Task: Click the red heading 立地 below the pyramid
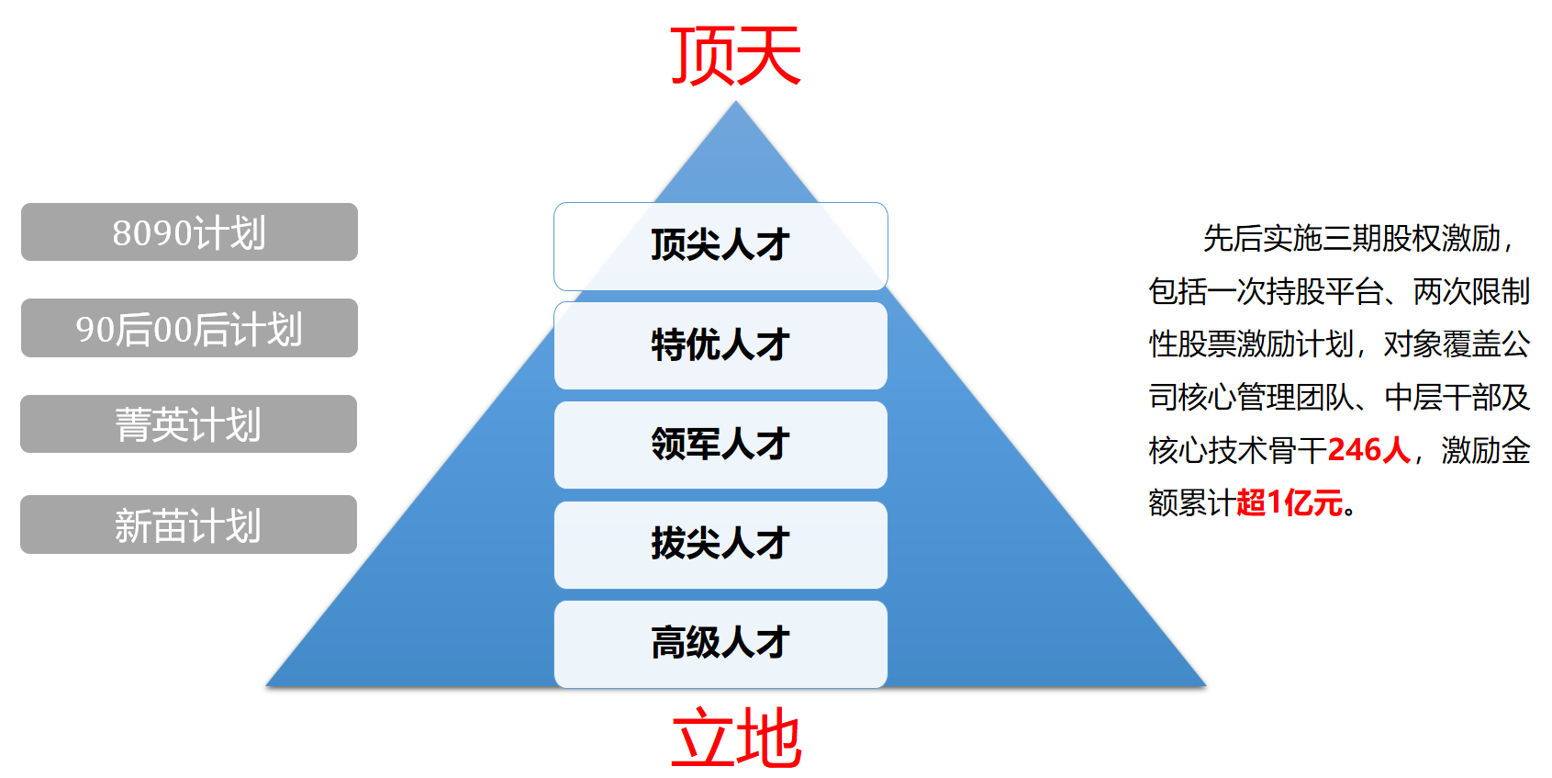[736, 738]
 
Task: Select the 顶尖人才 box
[720, 245]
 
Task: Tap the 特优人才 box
[720, 345]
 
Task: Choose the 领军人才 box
[720, 445]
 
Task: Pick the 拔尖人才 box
[720, 544]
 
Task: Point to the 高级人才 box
[720, 643]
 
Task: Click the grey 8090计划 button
[189, 232]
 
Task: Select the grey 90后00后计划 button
[189, 328]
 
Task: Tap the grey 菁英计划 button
[188, 424]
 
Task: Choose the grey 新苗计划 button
[188, 524]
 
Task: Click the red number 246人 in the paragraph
[1368, 450]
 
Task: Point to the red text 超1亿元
[1290, 503]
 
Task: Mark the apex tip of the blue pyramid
[735, 103]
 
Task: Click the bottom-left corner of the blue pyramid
[268, 684]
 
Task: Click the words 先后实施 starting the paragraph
[1262, 239]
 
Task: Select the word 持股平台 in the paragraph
[1324, 292]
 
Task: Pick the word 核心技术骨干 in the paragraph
[1237, 451]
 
